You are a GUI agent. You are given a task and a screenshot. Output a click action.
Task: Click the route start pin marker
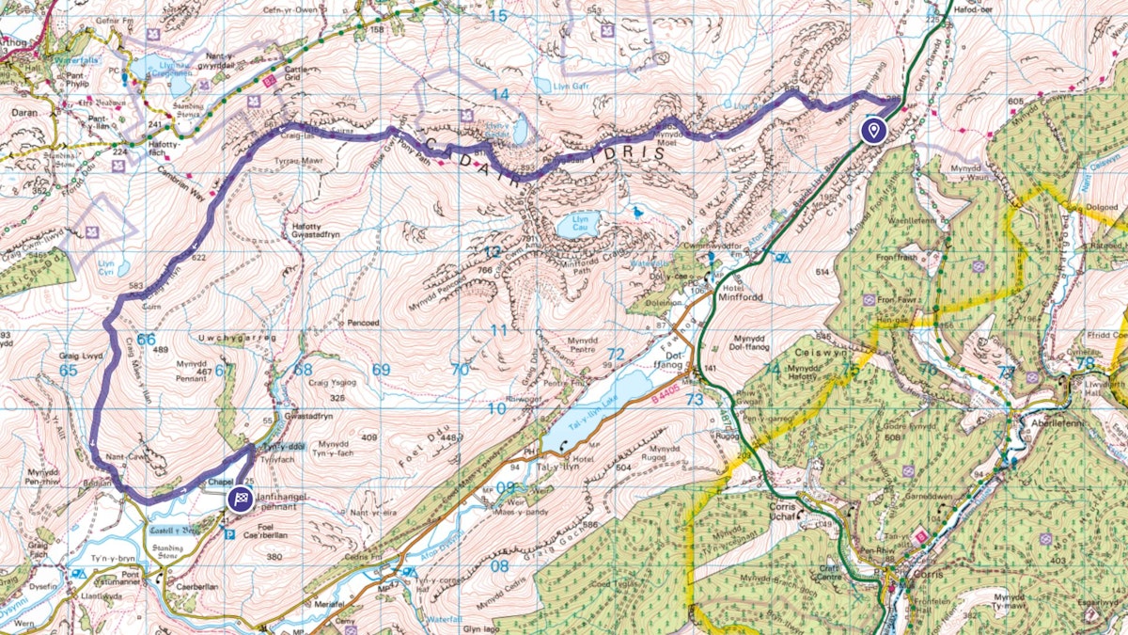pos(873,130)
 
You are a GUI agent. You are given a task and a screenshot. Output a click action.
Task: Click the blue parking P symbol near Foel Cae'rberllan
pos(230,533)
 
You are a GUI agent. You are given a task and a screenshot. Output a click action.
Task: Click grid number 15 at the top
pos(498,15)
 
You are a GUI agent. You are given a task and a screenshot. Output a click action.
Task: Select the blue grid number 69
pos(380,370)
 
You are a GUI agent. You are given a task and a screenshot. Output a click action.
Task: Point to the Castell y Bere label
pos(176,530)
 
